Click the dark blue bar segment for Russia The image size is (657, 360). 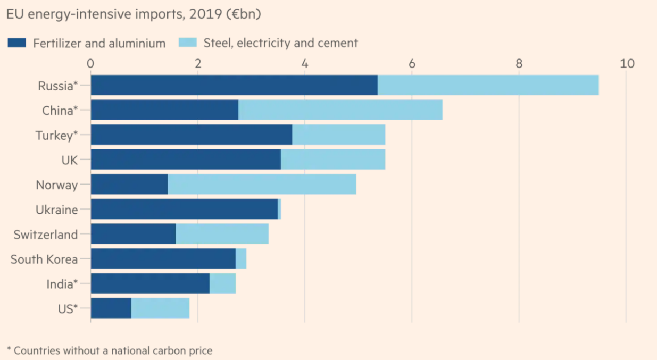tap(234, 85)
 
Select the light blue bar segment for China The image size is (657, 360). tap(340, 110)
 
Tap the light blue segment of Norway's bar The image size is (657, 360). tap(262, 185)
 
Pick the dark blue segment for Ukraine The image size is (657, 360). tap(184, 209)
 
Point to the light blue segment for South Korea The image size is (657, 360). tap(241, 258)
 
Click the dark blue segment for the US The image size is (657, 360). tap(111, 308)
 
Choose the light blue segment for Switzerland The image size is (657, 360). tap(222, 234)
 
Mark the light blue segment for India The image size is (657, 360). tap(222, 283)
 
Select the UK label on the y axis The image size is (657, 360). tap(69, 160)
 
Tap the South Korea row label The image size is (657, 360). tap(44, 259)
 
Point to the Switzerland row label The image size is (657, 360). tap(46, 235)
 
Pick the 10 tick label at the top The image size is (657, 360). tap(627, 63)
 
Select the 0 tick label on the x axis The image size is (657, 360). tap(90, 63)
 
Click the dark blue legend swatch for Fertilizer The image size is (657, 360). tap(17, 43)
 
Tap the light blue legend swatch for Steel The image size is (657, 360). tap(188, 43)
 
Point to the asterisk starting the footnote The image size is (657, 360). tap(9, 349)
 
